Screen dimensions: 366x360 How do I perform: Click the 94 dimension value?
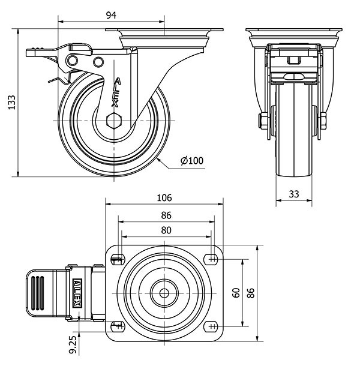[x=110, y=15]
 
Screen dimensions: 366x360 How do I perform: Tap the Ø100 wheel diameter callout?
[x=191, y=160]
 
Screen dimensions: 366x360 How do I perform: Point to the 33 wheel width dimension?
[x=294, y=193]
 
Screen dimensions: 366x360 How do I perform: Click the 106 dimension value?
[x=164, y=197]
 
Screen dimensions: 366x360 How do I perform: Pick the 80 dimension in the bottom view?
[x=166, y=230]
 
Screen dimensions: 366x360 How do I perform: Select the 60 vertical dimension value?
[x=236, y=292]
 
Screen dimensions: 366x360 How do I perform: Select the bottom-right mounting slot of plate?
[x=211, y=326]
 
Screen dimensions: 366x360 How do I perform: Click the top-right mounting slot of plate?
[x=211, y=259]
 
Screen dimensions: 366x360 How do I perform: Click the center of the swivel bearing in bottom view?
[x=164, y=293]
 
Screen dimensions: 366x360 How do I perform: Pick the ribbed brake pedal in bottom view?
[x=38, y=292]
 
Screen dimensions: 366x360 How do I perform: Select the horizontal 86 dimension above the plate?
[x=166, y=215]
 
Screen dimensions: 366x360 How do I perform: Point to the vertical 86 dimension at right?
[x=251, y=292]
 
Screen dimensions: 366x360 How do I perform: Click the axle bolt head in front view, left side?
[x=263, y=120]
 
